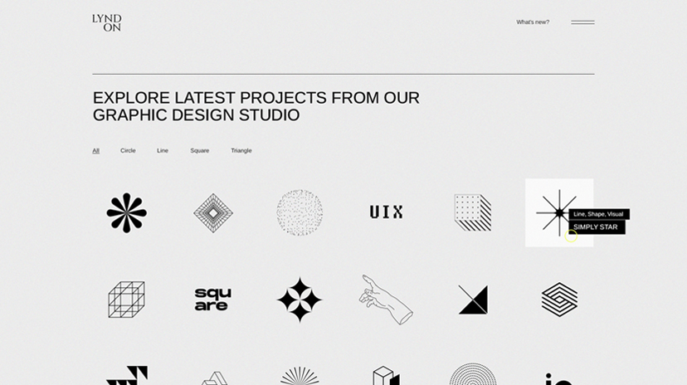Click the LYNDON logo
coord(106,22)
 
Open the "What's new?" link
coord(533,22)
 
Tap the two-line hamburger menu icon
coord(582,22)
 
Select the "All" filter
coord(96,151)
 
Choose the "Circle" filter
coord(128,151)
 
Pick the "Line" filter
coord(163,151)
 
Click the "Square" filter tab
coord(200,151)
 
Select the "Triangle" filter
coord(241,151)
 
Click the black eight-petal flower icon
coord(127,213)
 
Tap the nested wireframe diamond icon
coord(213,213)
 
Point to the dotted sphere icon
coord(300,213)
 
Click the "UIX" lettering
coord(386,212)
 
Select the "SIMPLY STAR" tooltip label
coord(596,227)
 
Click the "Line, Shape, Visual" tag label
coord(598,214)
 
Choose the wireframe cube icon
coord(127,300)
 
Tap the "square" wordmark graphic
coord(213,300)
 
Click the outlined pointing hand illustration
coord(386,300)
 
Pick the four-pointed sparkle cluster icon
coord(300,300)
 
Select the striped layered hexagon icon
coord(559,300)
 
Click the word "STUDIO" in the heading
coord(269,115)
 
